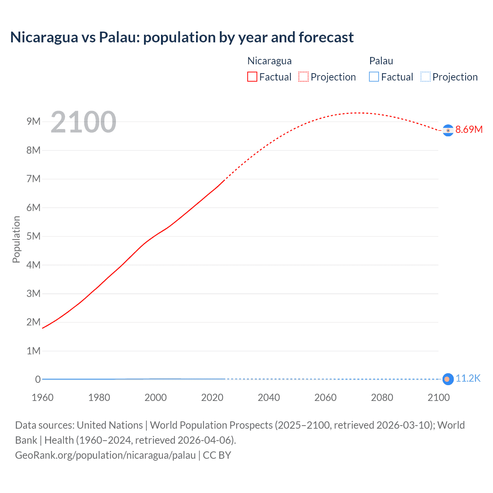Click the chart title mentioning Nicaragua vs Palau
[182, 37]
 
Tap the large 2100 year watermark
[83, 122]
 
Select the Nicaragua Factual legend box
[252, 77]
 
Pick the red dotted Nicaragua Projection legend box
[304, 77]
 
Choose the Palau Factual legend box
[374, 77]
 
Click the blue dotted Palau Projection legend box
[425, 77]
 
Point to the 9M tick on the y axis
[34, 122]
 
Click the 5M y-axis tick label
[34, 236]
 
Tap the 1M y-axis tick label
[34, 351]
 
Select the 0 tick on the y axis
[38, 379]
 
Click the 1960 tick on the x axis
[42, 397]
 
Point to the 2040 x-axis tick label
[269, 397]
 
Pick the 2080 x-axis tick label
[382, 397]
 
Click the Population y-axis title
[16, 239]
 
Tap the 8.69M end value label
[469, 129]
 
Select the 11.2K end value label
[468, 379]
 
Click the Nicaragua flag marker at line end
[448, 131]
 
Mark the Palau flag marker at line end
[448, 379]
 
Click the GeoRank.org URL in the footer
[105, 455]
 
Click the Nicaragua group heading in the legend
[269, 61]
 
